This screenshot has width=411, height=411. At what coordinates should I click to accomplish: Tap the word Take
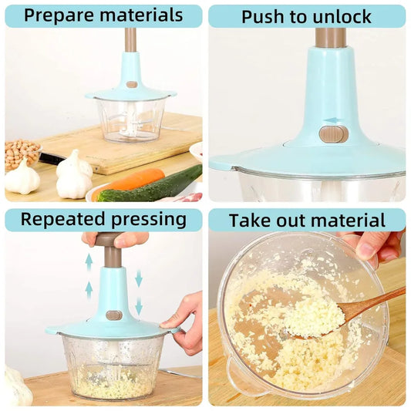tap(248, 221)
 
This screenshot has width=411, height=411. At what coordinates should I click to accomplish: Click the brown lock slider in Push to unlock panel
tap(333, 134)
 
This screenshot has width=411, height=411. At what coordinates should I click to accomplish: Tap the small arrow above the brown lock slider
tap(332, 120)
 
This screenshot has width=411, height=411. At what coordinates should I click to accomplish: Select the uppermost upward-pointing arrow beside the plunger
tap(89, 261)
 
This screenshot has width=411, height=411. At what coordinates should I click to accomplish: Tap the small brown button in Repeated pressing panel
tap(114, 315)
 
